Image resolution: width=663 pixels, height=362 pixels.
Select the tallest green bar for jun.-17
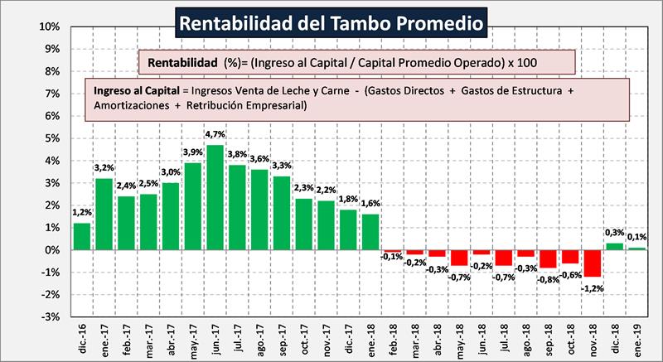coord(215,197)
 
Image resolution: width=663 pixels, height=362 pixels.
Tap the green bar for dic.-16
coord(81,236)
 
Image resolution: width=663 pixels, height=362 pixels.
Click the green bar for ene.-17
coord(104,214)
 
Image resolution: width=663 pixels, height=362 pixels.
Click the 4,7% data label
coord(215,134)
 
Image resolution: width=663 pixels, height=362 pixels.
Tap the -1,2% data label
coord(592,287)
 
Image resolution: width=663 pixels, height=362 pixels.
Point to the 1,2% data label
coord(81,213)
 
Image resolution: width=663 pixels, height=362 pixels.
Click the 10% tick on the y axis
coord(49,27)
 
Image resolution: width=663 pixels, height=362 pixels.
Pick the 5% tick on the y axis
coord(51,138)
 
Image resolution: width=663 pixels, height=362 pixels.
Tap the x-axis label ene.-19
coord(638,339)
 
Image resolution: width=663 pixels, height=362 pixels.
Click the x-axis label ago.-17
coord(259,339)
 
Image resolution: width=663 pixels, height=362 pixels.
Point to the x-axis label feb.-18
coord(393,339)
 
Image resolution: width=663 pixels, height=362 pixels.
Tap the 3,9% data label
coord(192,152)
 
